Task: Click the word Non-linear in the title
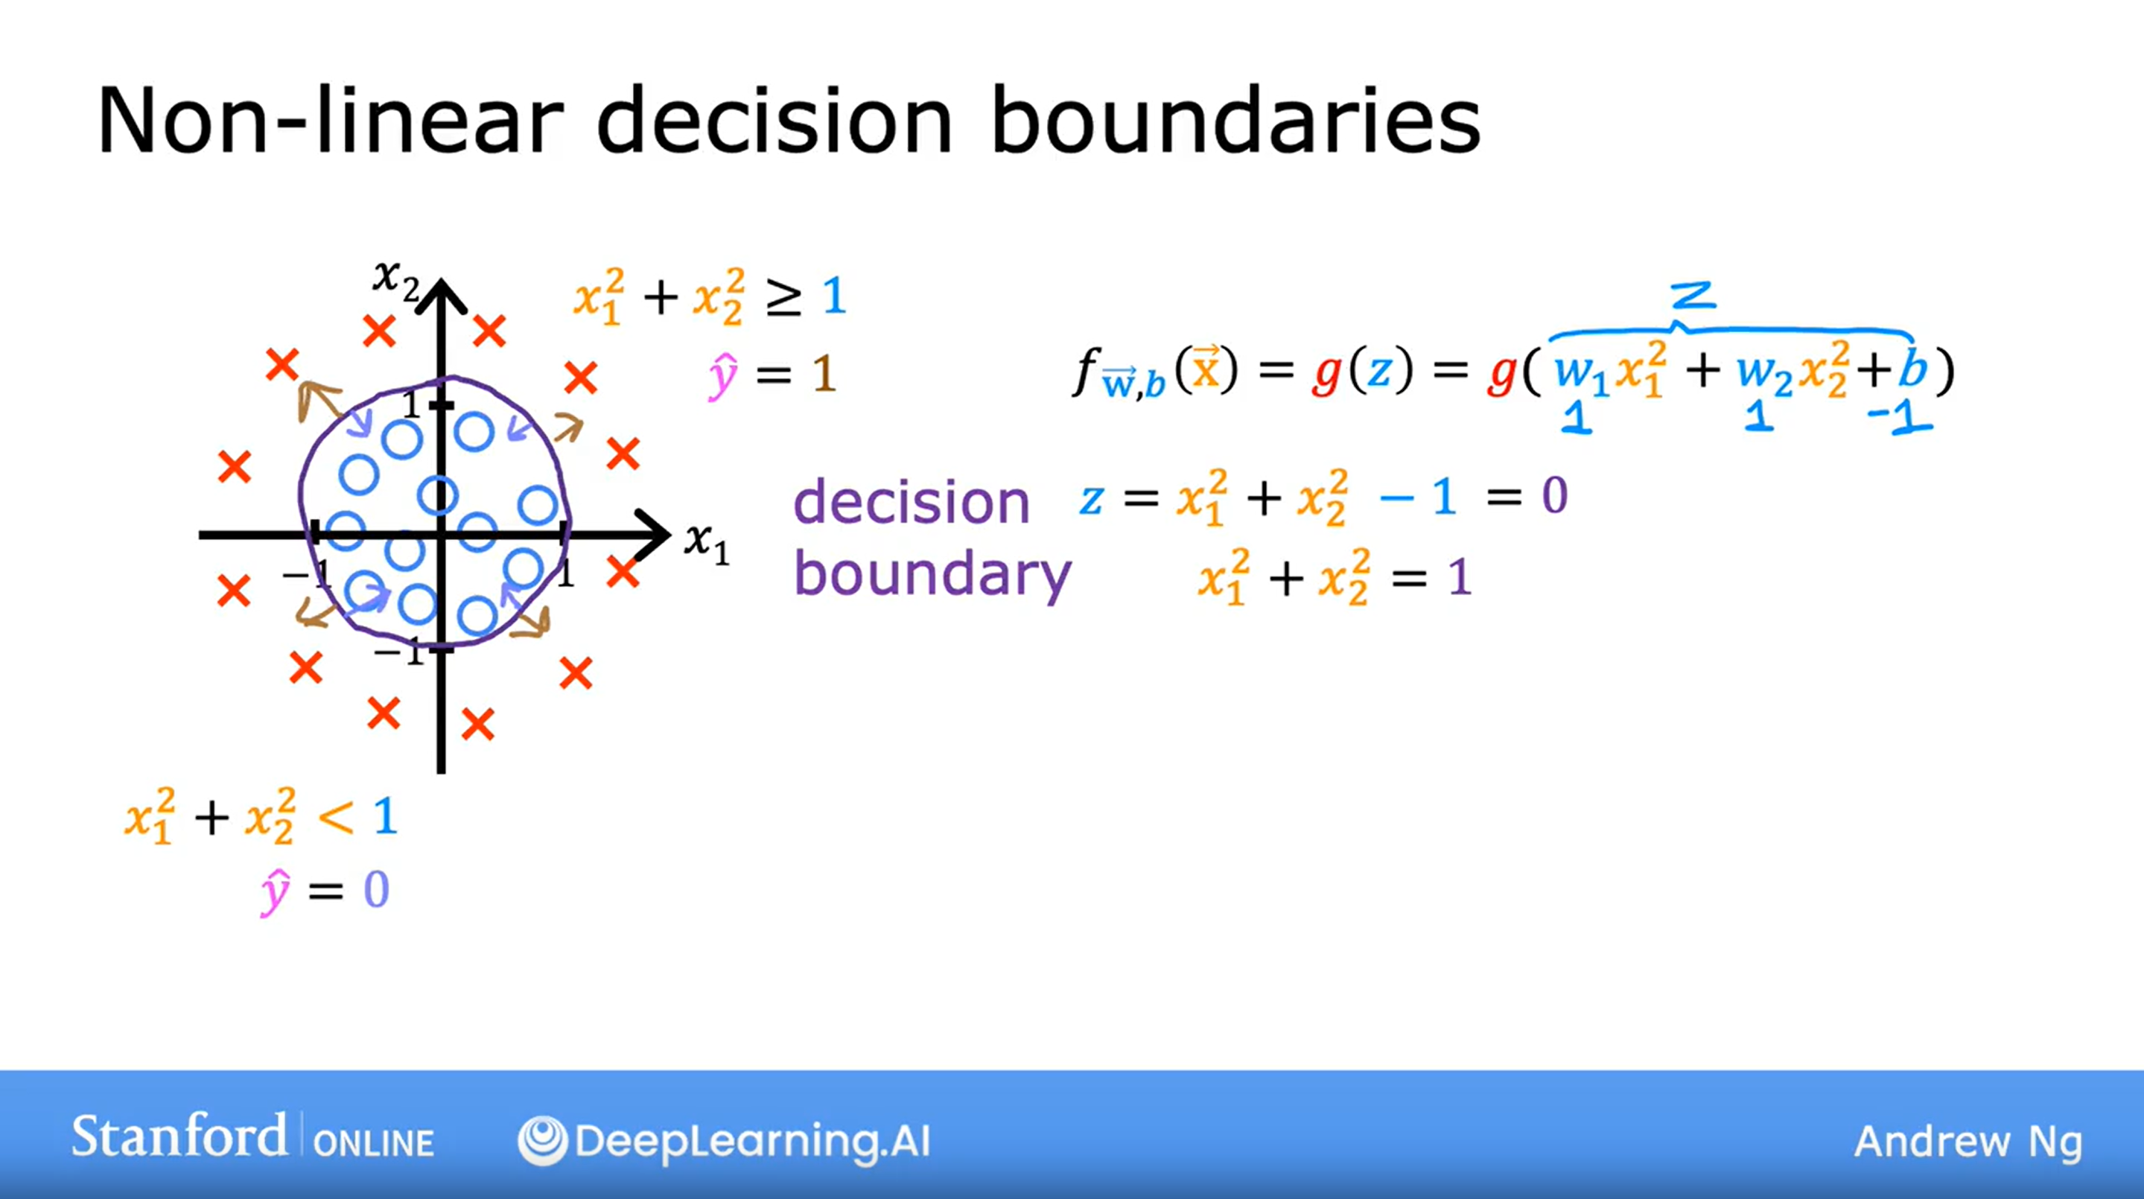tap(331, 120)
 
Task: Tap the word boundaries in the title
tap(1236, 120)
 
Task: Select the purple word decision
tap(912, 502)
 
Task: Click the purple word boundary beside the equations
tap(932, 574)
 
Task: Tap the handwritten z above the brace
tap(1692, 296)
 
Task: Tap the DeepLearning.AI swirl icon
tap(542, 1140)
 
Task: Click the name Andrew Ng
tap(1968, 1142)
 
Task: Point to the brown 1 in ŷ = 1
tap(823, 375)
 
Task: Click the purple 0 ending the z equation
tap(1555, 496)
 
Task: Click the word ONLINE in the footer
tap(374, 1143)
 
